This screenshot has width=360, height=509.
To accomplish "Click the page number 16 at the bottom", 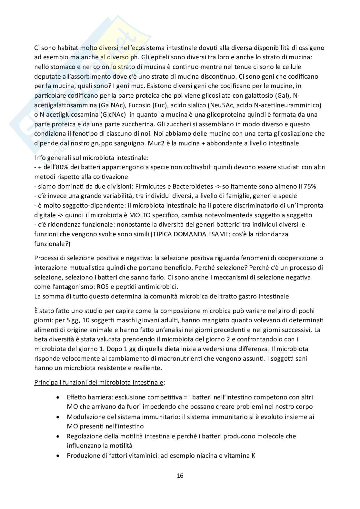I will coord(180,475).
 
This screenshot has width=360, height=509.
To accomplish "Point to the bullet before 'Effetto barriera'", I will coord(58,397).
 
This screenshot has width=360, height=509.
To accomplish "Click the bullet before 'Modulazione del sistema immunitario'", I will coord(58,417).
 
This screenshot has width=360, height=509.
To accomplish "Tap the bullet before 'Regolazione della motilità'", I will coord(58,436).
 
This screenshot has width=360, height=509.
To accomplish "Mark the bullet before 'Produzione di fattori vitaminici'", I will coord(58,456).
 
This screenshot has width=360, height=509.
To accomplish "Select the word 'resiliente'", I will coord(150,367).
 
